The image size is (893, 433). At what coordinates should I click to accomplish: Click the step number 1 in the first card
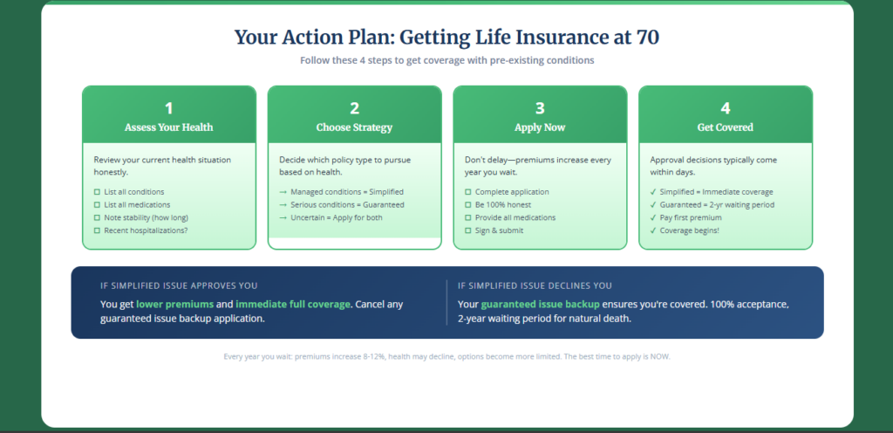[x=169, y=108]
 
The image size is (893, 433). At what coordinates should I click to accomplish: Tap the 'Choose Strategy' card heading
[x=354, y=127]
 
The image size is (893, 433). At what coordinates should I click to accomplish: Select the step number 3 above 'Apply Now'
[x=540, y=108]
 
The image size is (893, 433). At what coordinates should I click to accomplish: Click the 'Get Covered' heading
[x=726, y=127]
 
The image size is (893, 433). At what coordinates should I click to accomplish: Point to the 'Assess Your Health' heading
[x=169, y=127]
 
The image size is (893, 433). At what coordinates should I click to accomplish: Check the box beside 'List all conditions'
[x=97, y=192]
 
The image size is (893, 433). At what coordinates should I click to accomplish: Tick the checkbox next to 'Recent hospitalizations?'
[x=97, y=230]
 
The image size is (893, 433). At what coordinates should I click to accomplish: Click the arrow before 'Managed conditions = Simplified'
[x=283, y=192]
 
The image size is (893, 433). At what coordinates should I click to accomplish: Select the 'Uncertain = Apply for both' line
[x=336, y=217]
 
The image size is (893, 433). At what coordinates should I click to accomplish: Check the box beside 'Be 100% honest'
[x=468, y=205]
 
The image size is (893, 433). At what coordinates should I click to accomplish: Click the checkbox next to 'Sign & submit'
[x=468, y=230]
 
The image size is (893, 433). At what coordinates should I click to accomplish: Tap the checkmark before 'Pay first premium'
[x=654, y=217]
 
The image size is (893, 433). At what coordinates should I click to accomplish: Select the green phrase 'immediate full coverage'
[x=293, y=304]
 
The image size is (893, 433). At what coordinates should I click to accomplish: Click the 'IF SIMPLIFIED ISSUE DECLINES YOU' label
[x=535, y=285]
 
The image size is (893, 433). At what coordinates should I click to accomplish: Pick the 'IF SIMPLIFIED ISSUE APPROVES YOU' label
[x=179, y=285]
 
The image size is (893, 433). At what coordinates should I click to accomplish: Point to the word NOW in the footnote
[x=658, y=357]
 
